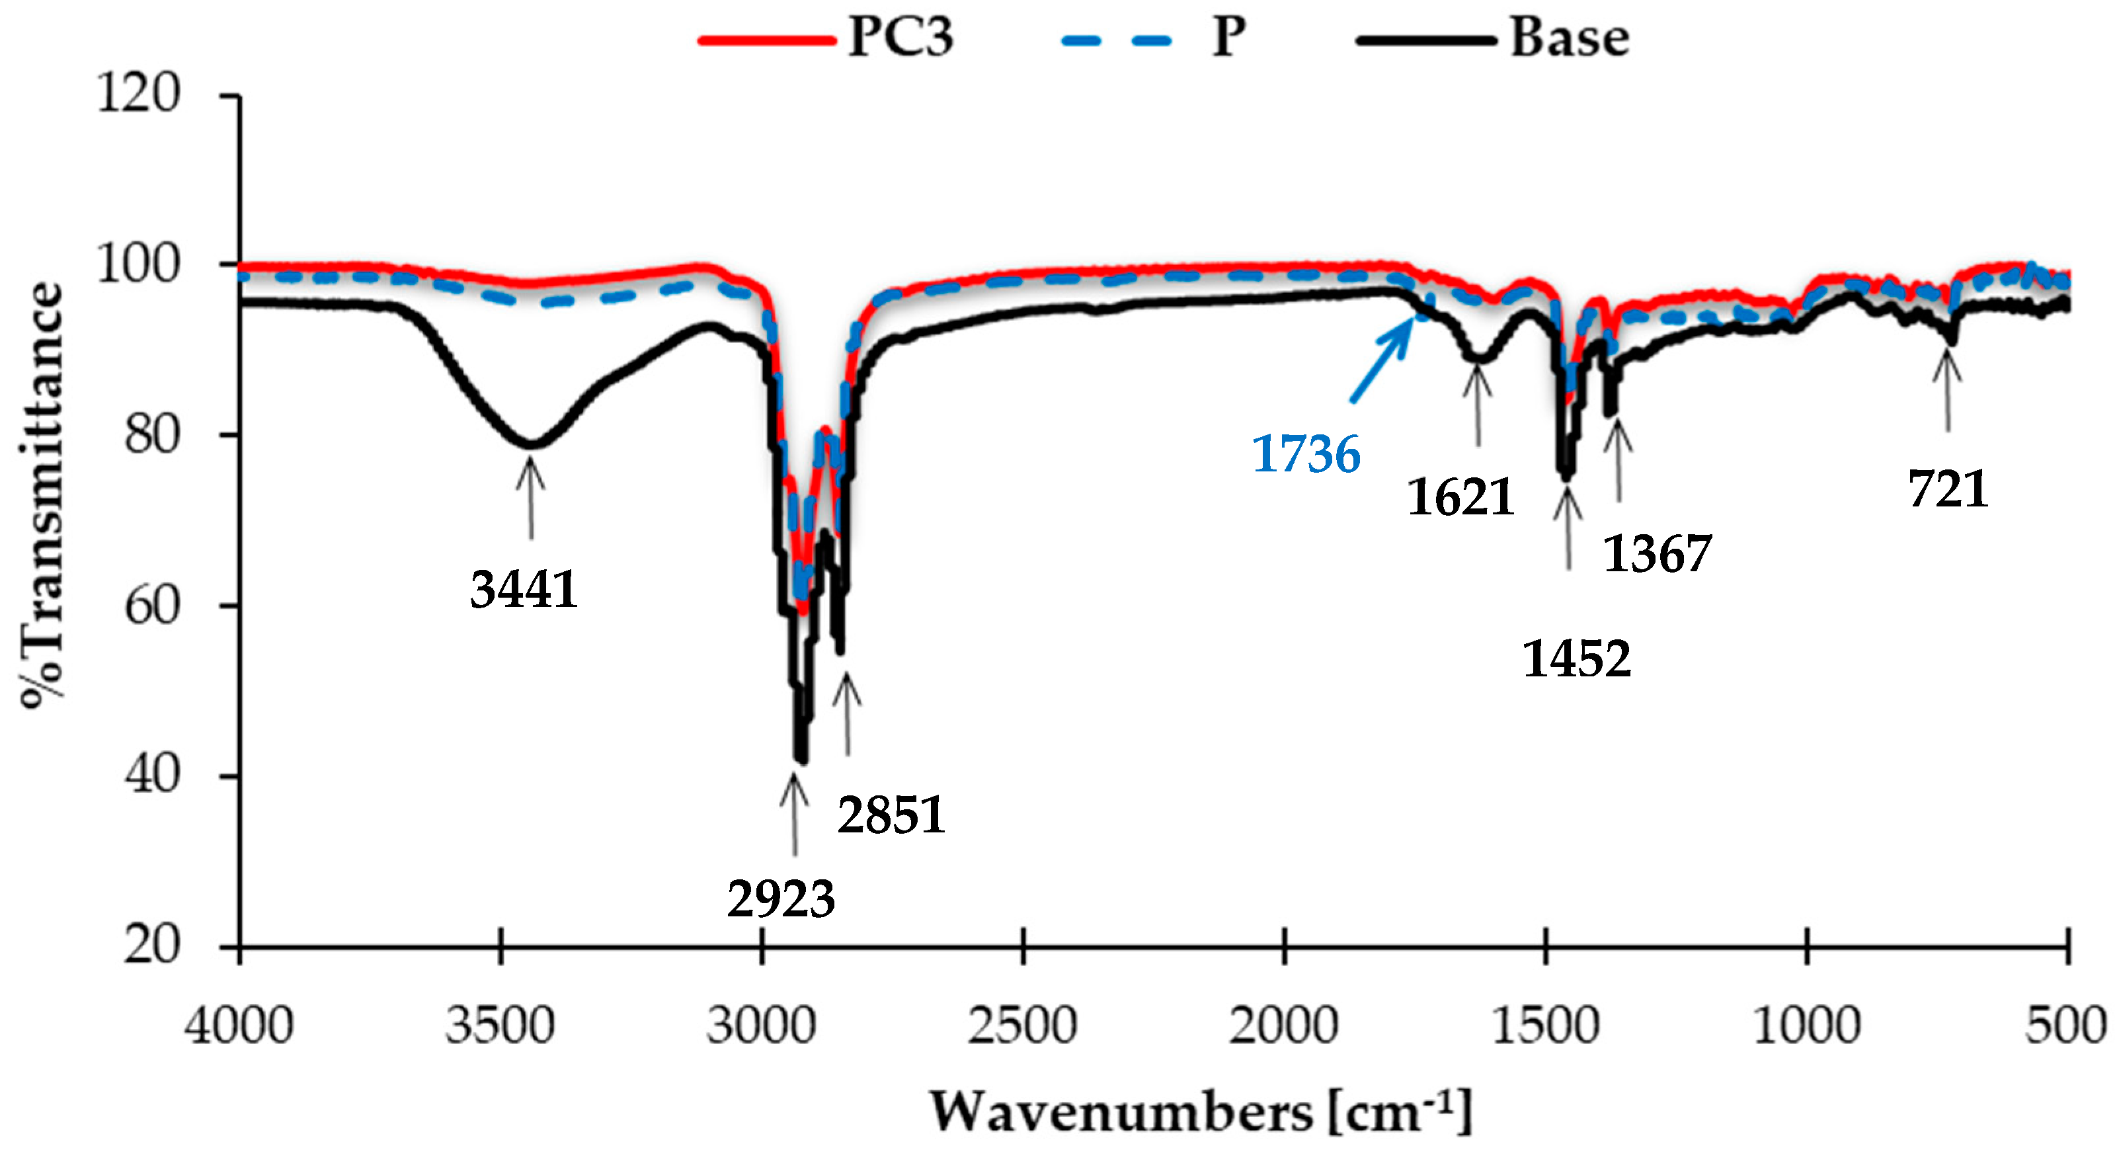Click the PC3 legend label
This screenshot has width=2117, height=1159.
point(900,38)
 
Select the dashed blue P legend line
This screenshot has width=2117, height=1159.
point(1116,40)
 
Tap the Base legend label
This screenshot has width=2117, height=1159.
point(1570,38)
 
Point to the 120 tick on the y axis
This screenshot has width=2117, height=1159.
point(138,93)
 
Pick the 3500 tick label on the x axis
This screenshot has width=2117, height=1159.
point(500,1027)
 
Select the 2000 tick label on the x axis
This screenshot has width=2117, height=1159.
point(1284,1027)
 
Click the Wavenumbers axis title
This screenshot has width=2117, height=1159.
point(1200,1113)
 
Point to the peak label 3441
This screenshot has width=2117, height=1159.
point(524,589)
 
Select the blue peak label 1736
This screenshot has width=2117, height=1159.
point(1305,455)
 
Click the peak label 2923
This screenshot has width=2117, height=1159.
point(781,899)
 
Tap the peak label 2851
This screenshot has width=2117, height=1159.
point(892,815)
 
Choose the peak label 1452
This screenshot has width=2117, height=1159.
point(1576,659)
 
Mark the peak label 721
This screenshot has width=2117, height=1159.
point(1948,489)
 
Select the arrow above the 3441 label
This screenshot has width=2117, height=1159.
point(531,497)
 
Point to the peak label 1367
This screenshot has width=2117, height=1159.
point(1657,553)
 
